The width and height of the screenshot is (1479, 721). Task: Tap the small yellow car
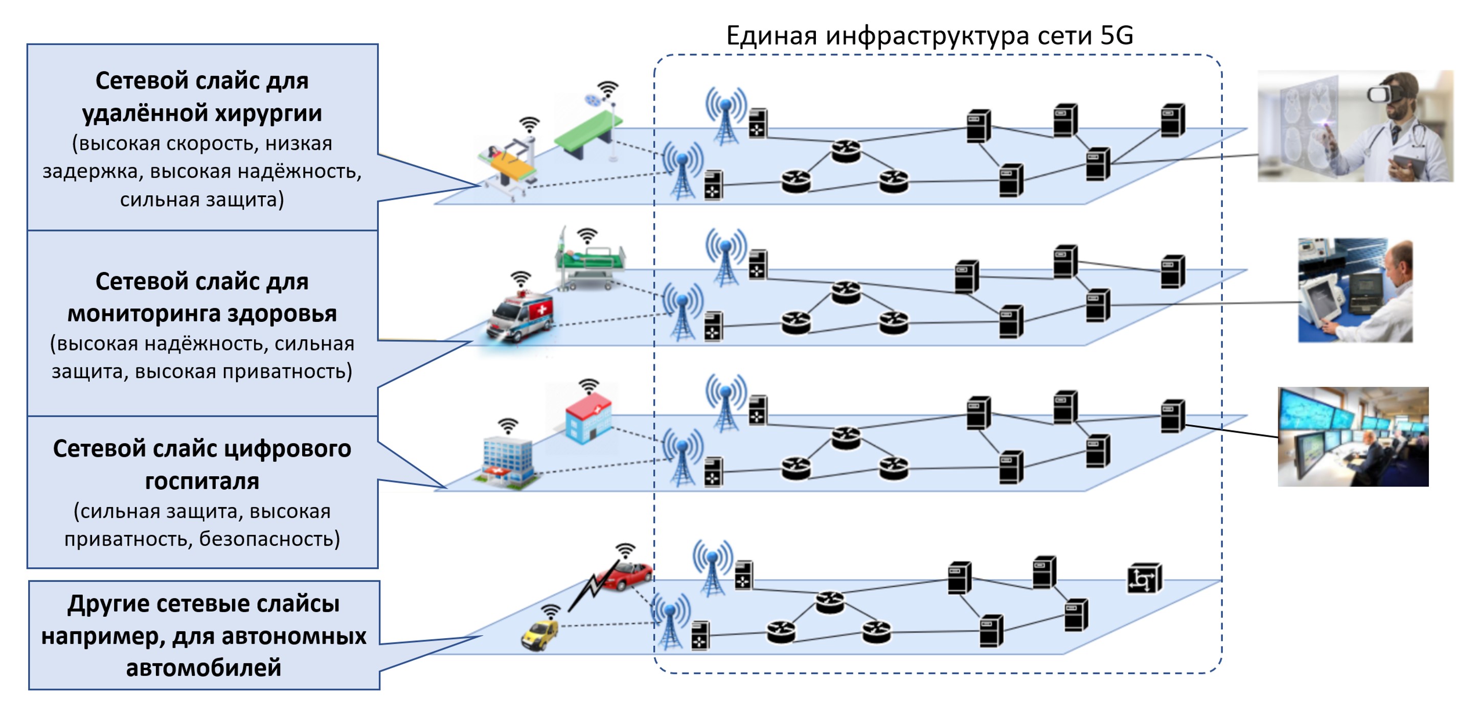[539, 635]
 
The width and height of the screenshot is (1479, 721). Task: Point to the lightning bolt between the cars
[588, 591]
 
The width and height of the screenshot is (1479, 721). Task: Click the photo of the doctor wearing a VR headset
[1355, 126]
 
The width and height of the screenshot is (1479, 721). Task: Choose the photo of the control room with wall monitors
[1353, 436]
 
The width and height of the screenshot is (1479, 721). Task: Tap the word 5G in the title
[1116, 36]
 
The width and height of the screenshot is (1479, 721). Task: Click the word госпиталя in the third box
[201, 481]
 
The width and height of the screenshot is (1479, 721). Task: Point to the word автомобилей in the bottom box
[203, 668]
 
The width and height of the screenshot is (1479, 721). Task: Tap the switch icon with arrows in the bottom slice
[1144, 578]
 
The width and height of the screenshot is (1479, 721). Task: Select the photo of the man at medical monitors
[1355, 290]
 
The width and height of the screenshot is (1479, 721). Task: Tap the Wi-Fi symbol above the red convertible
[625, 550]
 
